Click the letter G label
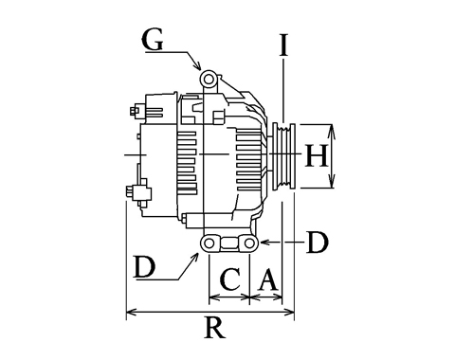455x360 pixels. coord(153,40)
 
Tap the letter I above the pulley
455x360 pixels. coord(283,45)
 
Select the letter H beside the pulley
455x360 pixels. coord(317,155)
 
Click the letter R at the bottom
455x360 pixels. coord(215,328)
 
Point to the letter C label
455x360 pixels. coord(230,279)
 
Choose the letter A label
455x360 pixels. coord(268,279)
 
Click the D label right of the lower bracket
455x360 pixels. coord(318,243)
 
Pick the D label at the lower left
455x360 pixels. coord(144,267)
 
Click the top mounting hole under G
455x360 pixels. coord(209,80)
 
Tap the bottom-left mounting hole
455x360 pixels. coord(209,243)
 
